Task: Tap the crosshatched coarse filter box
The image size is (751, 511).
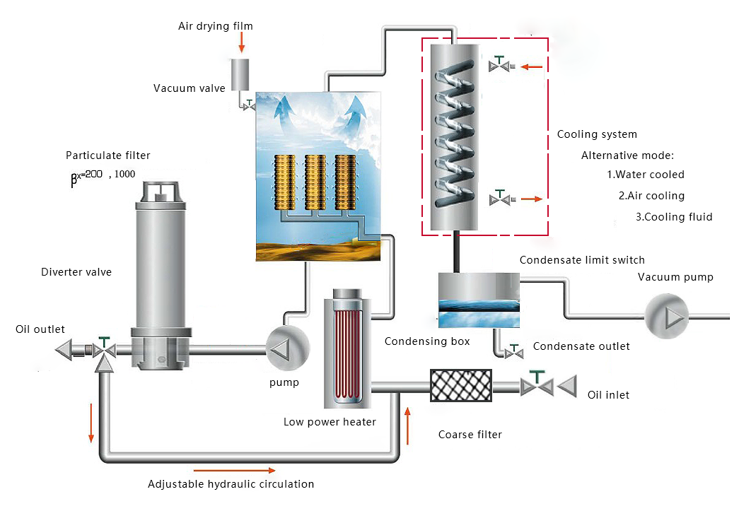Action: click(x=461, y=386)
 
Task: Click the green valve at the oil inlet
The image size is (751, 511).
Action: click(x=539, y=384)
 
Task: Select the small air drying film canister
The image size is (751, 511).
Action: click(x=241, y=71)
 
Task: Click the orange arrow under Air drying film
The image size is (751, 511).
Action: click(x=241, y=43)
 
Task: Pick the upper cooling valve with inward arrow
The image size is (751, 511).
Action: click(x=501, y=66)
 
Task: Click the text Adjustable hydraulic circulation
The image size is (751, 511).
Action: click(x=231, y=484)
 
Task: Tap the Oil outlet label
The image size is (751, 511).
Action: click(x=40, y=329)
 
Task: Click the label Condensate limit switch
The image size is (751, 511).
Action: click(x=582, y=260)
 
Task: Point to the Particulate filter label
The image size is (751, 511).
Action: click(x=108, y=155)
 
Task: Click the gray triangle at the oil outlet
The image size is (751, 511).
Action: click(x=66, y=348)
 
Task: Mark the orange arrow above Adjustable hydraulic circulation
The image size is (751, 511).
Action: click(x=234, y=469)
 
